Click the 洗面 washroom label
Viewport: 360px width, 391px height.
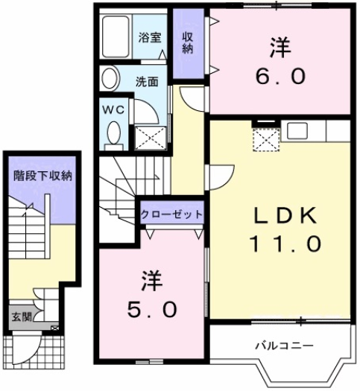146,82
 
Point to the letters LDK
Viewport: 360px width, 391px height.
284,217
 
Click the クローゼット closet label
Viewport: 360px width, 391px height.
172,214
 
